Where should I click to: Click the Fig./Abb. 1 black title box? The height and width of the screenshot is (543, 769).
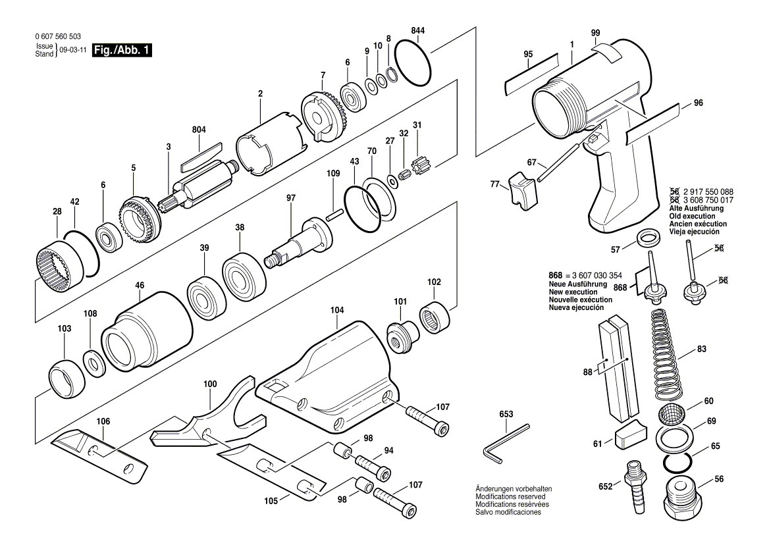(122, 50)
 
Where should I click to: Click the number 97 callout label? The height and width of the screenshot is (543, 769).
(291, 197)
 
